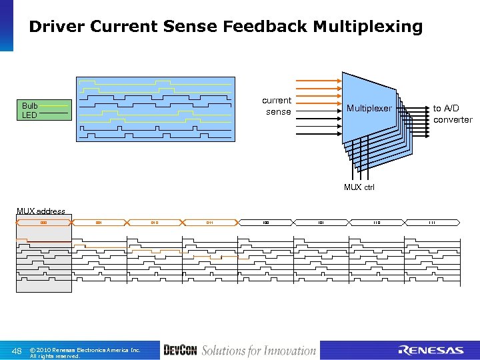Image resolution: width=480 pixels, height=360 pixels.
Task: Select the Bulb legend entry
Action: [x=29, y=105]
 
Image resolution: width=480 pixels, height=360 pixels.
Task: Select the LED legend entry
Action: [x=29, y=115]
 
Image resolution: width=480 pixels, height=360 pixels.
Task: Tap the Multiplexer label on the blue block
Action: [x=369, y=108]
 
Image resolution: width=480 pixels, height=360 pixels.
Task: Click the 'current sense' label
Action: [x=277, y=106]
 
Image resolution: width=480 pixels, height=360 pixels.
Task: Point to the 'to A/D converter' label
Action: [x=452, y=114]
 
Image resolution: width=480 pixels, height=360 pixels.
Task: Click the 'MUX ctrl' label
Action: [x=359, y=187]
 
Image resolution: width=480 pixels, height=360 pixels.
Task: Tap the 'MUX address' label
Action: [x=41, y=211]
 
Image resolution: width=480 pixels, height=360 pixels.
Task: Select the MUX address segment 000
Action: [x=43, y=222]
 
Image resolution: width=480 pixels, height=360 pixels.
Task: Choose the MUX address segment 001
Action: [x=99, y=222]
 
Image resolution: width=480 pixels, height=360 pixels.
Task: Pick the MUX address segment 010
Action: [x=154, y=222]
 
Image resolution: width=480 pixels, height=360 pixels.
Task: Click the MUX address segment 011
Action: [x=209, y=222]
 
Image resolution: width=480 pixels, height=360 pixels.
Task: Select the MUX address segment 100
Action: [x=265, y=222]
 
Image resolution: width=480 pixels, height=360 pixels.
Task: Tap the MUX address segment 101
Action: [x=321, y=222]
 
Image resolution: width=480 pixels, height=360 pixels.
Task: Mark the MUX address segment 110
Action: [x=376, y=222]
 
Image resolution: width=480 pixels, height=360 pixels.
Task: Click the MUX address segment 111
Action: [x=431, y=222]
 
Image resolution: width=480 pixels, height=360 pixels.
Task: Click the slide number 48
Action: [x=17, y=351]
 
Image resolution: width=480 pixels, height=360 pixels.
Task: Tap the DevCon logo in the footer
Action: [x=180, y=351]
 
